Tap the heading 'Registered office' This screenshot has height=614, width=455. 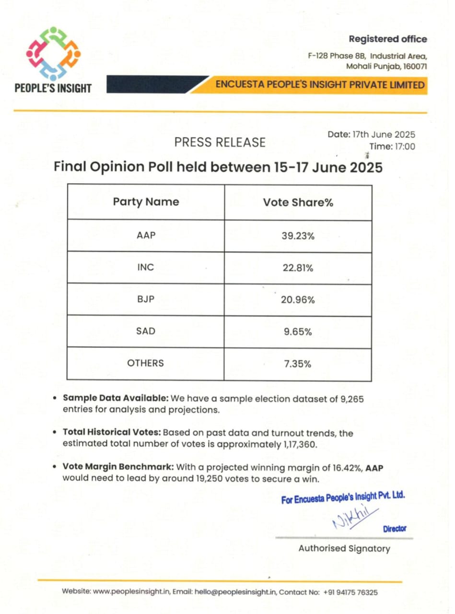(x=387, y=39)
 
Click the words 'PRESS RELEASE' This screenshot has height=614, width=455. (x=220, y=142)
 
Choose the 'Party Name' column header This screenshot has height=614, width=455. (x=146, y=202)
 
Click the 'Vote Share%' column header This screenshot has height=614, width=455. (x=298, y=202)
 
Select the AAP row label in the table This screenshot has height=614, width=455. (x=145, y=236)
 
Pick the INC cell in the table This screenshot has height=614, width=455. (x=145, y=268)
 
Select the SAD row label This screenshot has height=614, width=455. (x=145, y=331)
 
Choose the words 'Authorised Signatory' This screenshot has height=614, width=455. (x=344, y=548)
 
